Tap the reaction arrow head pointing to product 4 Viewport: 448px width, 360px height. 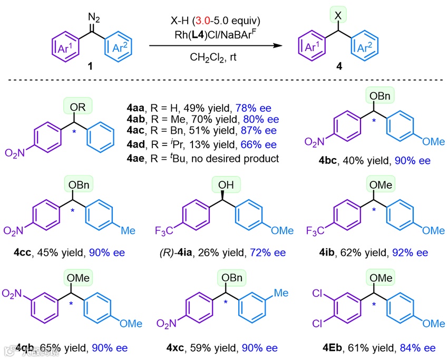coord(276,46)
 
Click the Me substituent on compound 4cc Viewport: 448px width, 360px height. coord(128,230)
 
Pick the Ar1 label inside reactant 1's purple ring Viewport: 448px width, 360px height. coord(66,50)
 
